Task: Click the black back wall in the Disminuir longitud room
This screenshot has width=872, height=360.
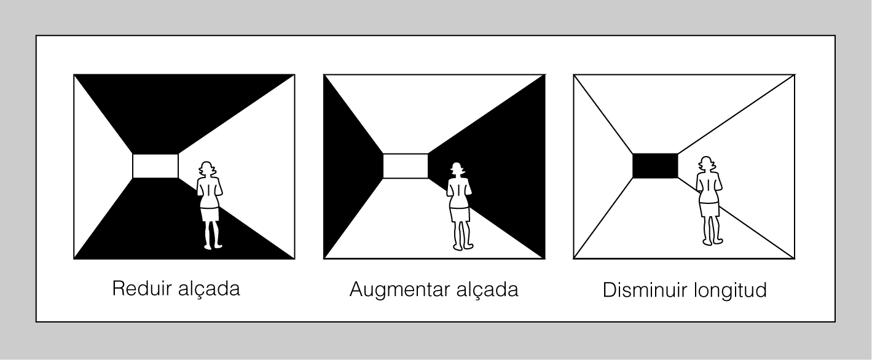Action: pos(655,166)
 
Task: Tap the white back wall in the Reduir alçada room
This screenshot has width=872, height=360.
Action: pos(155,166)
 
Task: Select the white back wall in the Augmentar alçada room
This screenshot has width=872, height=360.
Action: pos(405,166)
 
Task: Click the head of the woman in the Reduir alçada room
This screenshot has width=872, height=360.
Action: pos(207,170)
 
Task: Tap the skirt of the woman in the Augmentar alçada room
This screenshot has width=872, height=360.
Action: pos(460,214)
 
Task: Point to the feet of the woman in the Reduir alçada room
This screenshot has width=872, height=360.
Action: pos(213,246)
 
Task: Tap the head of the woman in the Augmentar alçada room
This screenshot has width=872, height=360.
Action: pos(457,170)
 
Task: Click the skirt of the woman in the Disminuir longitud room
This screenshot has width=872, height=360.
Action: pos(709,209)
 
